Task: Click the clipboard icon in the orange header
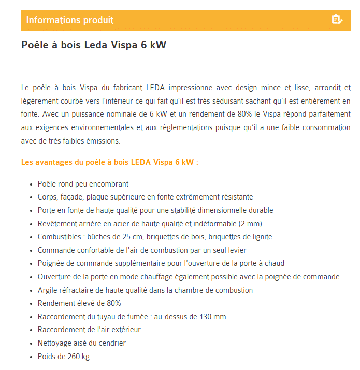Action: pos(337,20)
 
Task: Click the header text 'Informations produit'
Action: pos(70,20)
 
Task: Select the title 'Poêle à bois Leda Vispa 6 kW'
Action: pos(94,45)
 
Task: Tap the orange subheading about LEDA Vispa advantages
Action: pos(110,162)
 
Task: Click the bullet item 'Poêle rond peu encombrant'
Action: pos(83,184)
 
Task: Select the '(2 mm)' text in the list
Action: pos(250,224)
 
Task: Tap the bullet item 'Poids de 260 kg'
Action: pos(64,357)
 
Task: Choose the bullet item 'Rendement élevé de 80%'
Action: pos(79,303)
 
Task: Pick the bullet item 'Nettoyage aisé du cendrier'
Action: pos(82,343)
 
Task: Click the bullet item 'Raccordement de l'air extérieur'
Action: pos(89,330)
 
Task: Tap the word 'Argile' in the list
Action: pos(47,290)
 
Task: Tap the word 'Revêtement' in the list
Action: pos(56,224)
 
